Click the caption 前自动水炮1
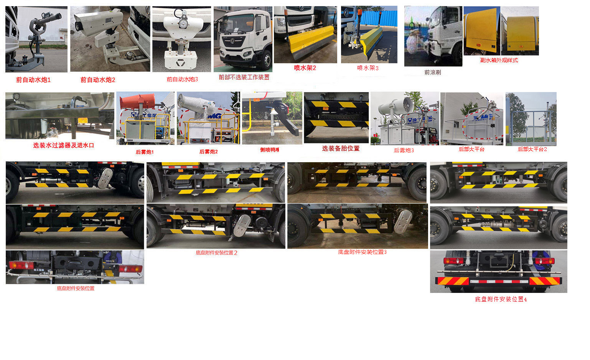coord(33,80)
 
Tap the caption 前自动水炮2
coord(98,80)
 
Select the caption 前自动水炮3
coord(182,79)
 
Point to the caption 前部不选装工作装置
coord(244,77)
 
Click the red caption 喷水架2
coord(305,68)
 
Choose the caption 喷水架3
coord(368,68)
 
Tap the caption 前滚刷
coord(432,72)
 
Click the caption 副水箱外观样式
coord(499,60)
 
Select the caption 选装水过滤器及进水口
coord(63,145)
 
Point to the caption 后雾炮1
coord(145,152)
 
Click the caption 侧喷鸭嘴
coord(270,150)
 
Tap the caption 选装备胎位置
coord(341,148)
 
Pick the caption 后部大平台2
coord(532,149)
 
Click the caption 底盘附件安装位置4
coord(501,299)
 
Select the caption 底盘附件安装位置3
coord(362,252)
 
